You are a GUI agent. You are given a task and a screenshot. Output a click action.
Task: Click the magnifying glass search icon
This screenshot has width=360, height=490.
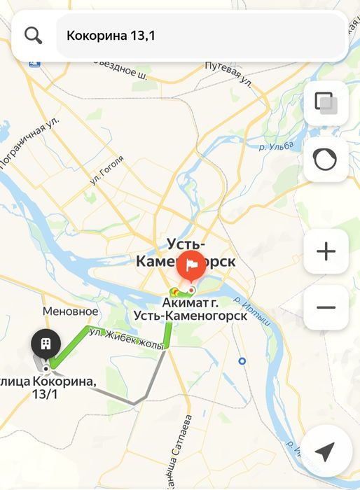pyautogui.click(x=33, y=34)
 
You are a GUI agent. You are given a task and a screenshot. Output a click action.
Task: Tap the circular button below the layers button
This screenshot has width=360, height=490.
pyautogui.click(x=326, y=160)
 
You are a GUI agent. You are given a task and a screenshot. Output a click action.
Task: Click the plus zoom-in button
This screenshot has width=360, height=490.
pyautogui.click(x=326, y=252)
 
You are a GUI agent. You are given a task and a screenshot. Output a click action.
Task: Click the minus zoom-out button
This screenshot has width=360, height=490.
pyautogui.click(x=326, y=307)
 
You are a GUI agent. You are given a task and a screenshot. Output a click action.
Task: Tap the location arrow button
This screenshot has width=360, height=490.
pyautogui.click(x=324, y=452)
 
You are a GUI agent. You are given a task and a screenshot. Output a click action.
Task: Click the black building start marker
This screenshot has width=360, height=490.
pyautogui.click(x=46, y=343)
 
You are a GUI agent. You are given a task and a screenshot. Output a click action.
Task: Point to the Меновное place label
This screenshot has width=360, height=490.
pyautogui.click(x=70, y=311)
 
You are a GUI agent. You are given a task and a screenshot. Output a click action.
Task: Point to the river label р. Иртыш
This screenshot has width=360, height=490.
pyautogui.click(x=251, y=311)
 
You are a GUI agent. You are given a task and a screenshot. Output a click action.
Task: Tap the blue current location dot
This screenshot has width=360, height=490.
pyautogui.click(x=242, y=361)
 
